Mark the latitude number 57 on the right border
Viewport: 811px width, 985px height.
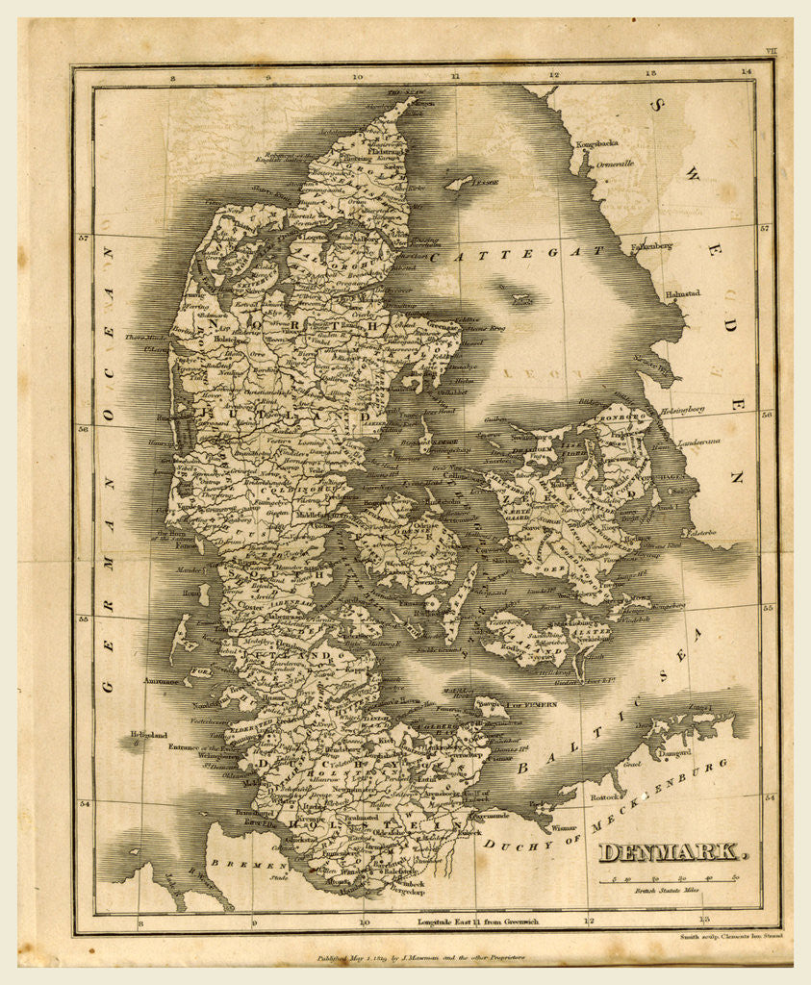pyautogui.click(x=766, y=229)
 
